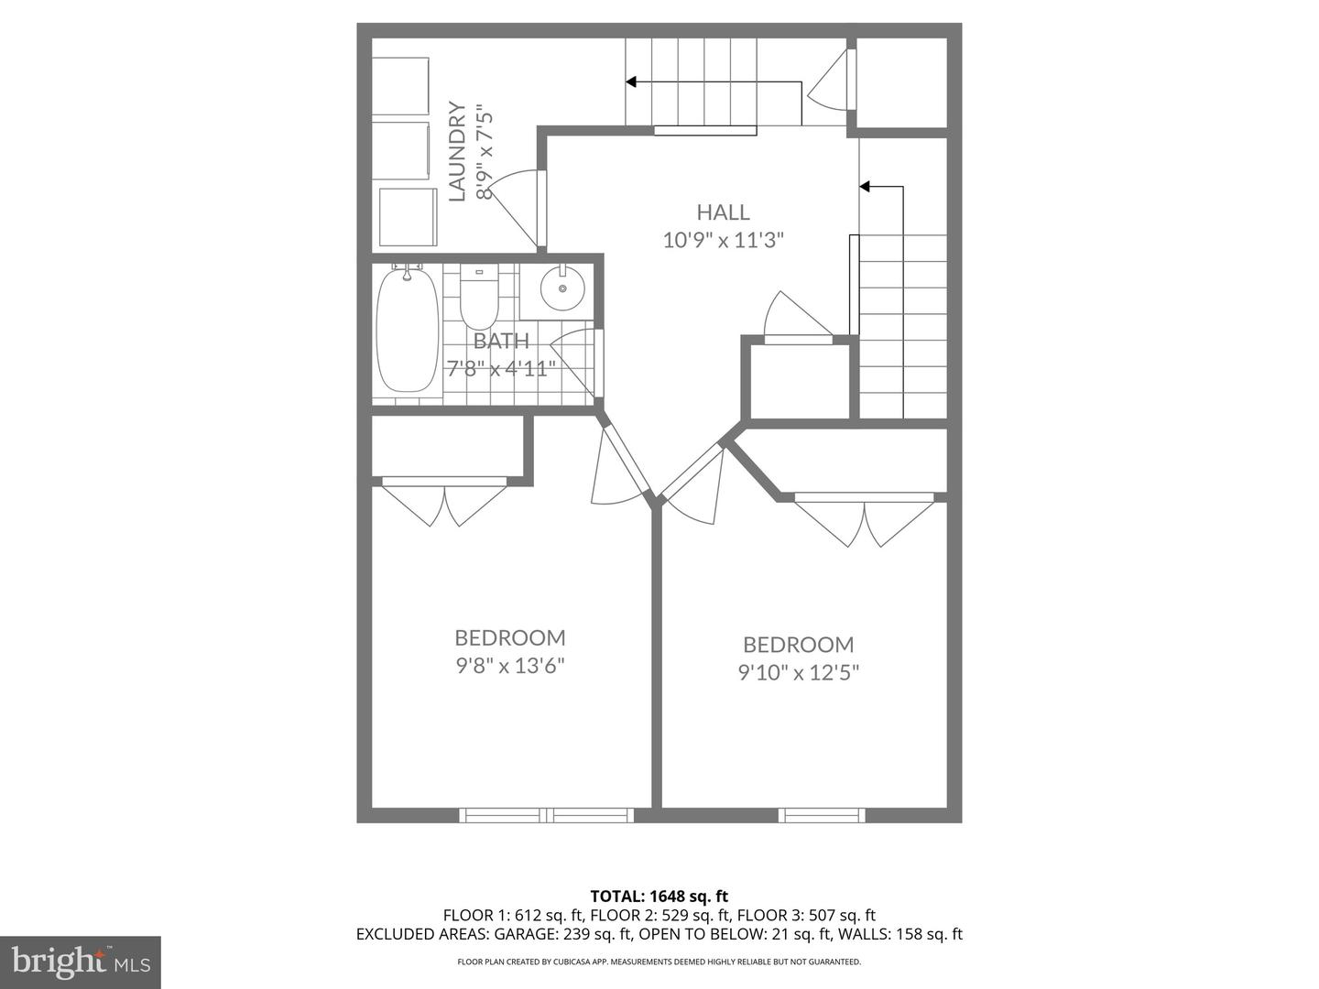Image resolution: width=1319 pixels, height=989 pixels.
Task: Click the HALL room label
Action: point(723,212)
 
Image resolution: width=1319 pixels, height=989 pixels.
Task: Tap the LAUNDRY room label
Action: point(457,151)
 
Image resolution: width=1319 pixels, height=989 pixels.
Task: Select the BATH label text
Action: point(501,341)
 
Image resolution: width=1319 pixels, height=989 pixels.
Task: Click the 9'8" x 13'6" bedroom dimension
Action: point(510,666)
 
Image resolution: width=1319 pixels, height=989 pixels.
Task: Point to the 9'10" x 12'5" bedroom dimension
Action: point(799,672)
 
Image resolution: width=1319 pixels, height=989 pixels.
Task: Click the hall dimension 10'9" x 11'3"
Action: point(724,240)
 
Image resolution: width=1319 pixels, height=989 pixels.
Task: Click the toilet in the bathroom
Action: point(480,297)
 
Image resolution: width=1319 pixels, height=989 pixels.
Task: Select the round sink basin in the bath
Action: point(562,288)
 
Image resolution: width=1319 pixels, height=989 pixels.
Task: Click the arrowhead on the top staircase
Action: point(631,82)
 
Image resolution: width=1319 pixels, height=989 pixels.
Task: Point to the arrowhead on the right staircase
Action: point(865,187)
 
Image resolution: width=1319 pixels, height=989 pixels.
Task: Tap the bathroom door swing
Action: point(573,363)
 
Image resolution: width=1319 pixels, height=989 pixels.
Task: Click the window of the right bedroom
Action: point(822,815)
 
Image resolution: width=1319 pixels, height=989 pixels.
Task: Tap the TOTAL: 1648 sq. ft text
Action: point(659,897)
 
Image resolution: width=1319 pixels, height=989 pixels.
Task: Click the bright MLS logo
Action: point(81,962)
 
